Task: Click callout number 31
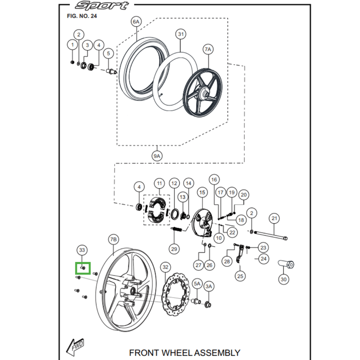[x=181, y=34]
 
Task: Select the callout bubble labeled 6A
[x=136, y=21]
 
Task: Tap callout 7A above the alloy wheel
[x=208, y=49]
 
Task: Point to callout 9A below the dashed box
[x=157, y=156]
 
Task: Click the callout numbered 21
[x=274, y=219]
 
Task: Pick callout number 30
[x=283, y=279]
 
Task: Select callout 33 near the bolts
[x=81, y=250]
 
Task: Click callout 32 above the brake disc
[x=166, y=267]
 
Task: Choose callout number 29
[x=174, y=248]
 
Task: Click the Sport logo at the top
[x=101, y=6]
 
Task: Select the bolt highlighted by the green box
[x=83, y=268]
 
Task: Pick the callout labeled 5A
[x=197, y=284]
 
